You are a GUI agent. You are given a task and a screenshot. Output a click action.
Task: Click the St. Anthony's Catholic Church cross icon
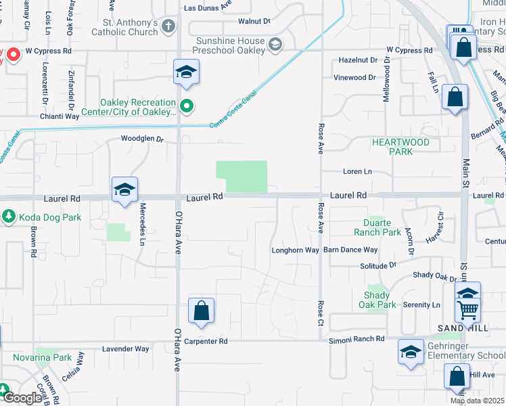tap(168, 26)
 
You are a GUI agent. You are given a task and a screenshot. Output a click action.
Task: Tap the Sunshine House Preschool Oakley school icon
tap(275, 45)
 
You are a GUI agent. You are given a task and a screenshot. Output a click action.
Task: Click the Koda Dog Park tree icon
tap(8, 217)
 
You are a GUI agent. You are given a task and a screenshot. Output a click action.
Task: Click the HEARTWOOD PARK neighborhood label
tap(400, 147)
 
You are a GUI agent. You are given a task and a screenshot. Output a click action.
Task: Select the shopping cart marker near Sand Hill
tap(467, 311)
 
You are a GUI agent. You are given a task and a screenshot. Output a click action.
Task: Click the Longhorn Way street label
tap(295, 250)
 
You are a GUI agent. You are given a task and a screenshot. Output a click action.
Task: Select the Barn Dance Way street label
tap(350, 250)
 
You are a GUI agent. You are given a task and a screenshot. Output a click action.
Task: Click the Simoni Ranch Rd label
tap(356, 339)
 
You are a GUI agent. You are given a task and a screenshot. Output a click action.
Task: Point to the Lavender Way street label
tap(125, 349)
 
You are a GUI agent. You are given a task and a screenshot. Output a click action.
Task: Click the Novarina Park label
tap(42, 357)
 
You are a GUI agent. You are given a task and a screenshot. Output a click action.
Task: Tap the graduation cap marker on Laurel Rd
tap(124, 190)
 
